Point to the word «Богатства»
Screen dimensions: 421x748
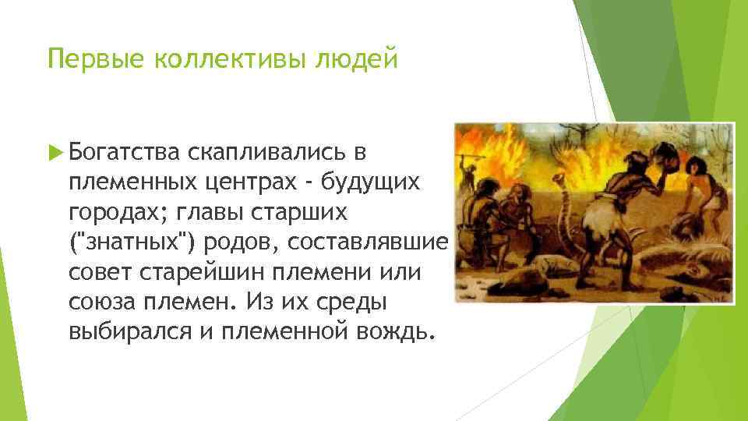coord(125,150)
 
